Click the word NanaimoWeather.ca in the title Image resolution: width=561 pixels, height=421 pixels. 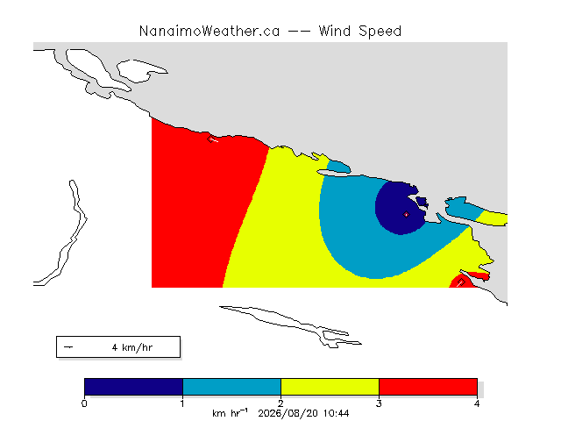click(209, 32)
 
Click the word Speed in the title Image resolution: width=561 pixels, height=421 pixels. click(380, 32)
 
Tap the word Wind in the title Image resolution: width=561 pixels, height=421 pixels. click(335, 32)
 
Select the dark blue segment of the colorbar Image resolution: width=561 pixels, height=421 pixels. click(134, 387)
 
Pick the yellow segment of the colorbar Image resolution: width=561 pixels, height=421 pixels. click(330, 387)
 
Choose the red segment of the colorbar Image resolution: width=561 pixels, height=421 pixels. click(428, 387)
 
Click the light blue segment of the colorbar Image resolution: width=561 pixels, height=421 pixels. click(231, 387)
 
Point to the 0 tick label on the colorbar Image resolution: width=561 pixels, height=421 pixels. click(84, 403)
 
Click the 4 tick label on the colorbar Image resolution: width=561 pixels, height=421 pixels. click(477, 403)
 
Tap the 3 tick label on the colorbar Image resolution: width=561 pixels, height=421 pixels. click(379, 403)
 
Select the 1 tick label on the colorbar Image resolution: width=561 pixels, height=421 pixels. click(182, 403)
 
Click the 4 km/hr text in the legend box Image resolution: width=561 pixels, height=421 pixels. click(132, 347)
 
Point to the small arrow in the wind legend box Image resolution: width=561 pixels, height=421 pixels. click(68, 347)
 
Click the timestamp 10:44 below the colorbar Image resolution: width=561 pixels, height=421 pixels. click(337, 413)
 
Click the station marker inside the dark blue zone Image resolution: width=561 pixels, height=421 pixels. click(406, 214)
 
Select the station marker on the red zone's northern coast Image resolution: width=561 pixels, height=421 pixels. click(210, 139)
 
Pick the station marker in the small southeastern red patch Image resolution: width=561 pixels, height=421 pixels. click(462, 282)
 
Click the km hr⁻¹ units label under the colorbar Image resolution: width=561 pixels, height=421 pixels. click(230, 413)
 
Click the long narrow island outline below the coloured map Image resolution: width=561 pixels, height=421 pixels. click(290, 325)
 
